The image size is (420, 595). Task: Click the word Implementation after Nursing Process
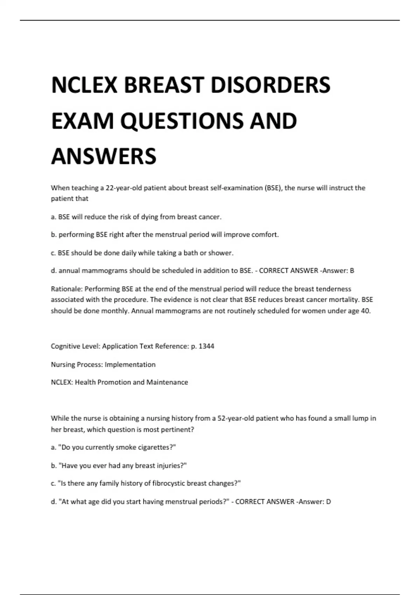[130, 364]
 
